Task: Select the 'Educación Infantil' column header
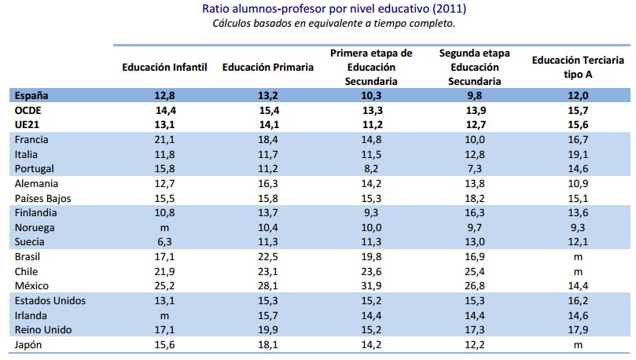[164, 68]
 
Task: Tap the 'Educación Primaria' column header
[268, 68]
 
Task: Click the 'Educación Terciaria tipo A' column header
[578, 68]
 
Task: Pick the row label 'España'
[32, 96]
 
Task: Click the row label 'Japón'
[30, 343]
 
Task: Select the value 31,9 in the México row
[372, 285]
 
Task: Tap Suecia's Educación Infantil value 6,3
[164, 241]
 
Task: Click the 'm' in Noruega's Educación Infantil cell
[164, 227]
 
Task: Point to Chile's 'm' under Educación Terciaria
[578, 271]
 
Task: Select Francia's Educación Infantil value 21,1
[164, 140]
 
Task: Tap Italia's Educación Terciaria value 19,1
[578, 155]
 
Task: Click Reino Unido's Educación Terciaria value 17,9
[578, 329]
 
